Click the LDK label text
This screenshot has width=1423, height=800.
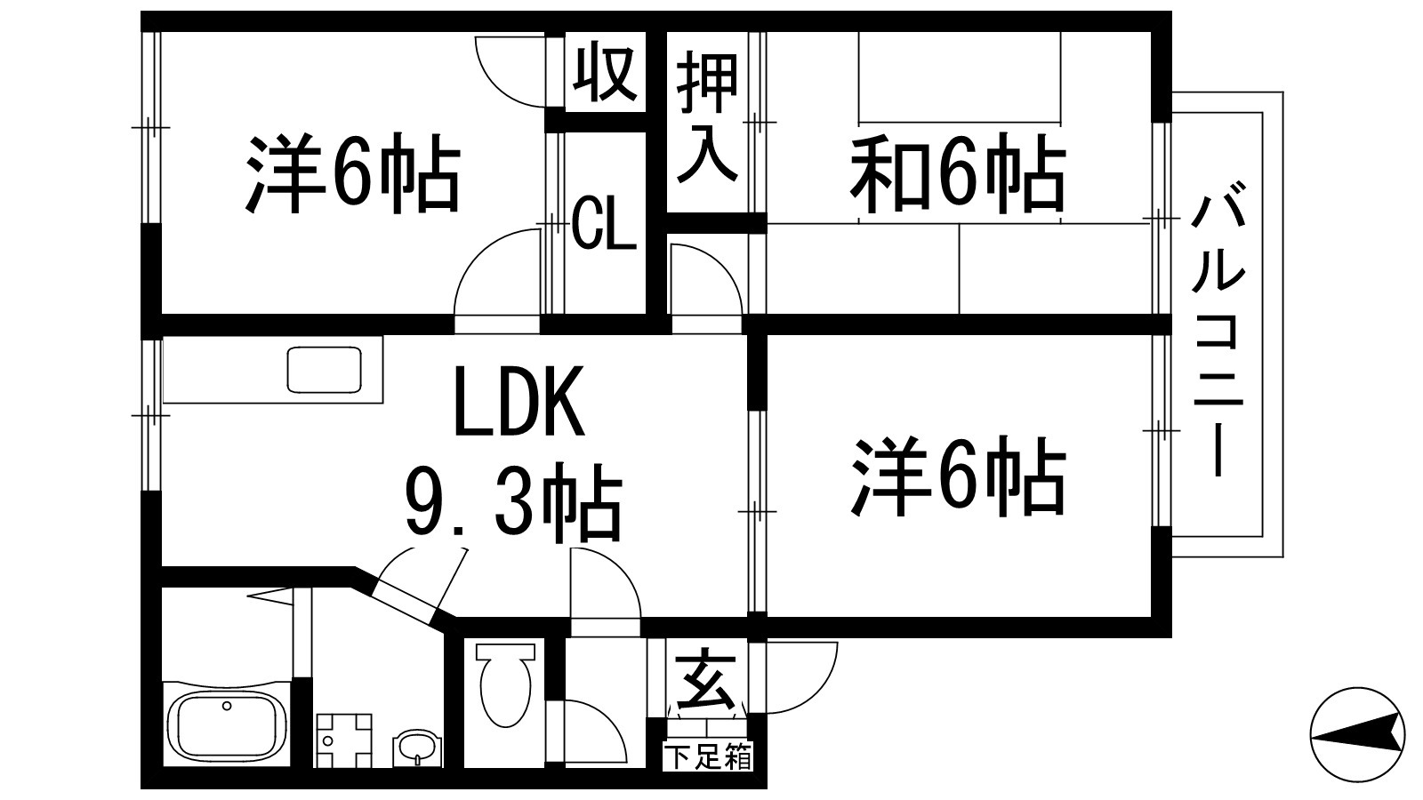click(519, 403)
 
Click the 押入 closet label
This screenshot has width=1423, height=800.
click(708, 120)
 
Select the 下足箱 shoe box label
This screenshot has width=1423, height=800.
click(709, 758)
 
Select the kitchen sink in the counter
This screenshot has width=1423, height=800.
click(324, 369)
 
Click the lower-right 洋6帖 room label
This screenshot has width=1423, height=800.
click(959, 476)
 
